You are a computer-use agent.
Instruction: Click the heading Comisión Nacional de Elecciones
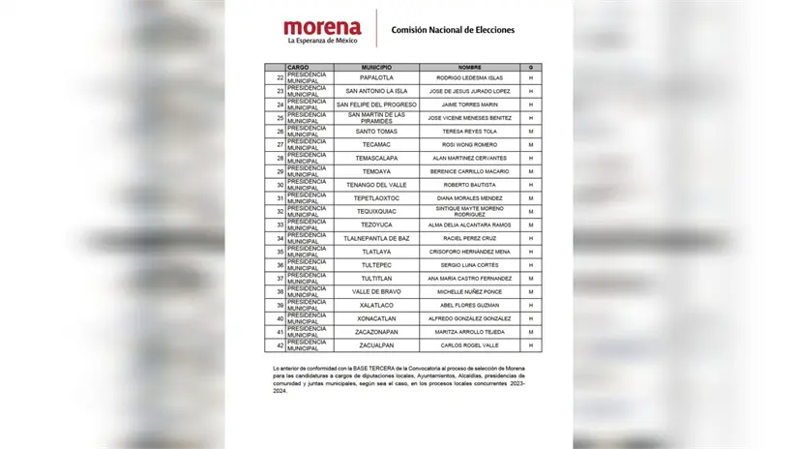[x=453, y=30]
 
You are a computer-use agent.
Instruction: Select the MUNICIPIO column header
[x=376, y=68]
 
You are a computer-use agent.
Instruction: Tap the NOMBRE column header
[x=469, y=68]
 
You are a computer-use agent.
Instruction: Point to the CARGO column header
[x=298, y=68]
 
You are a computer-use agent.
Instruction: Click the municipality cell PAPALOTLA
[x=376, y=77]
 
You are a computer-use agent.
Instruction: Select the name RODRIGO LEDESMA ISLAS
[x=469, y=77]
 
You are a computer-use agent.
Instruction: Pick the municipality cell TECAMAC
[x=376, y=144]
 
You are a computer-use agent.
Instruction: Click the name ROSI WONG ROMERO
[x=469, y=144]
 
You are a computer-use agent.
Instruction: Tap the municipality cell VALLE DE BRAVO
[x=376, y=291]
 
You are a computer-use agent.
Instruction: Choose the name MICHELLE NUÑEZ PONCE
[x=469, y=291]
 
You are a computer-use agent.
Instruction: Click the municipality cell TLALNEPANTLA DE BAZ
[x=376, y=238]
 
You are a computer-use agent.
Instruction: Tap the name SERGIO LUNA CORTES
[x=469, y=264]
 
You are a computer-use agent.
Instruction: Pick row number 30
[x=281, y=184]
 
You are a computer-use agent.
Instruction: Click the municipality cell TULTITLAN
[x=376, y=278]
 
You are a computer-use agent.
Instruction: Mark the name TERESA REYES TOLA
[x=469, y=131]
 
